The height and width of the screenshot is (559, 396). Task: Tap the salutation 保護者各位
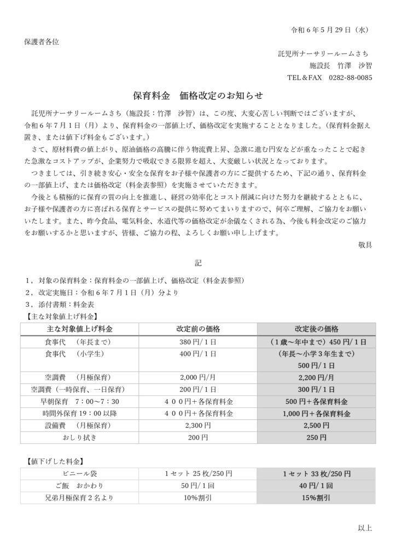(x=41, y=41)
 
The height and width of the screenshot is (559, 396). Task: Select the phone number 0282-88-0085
(x=351, y=78)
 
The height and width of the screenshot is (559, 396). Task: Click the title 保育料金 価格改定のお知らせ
(x=198, y=96)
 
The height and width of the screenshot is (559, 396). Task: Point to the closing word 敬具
(x=365, y=245)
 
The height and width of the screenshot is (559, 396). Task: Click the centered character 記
(x=198, y=263)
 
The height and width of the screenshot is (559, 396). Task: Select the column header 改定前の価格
(x=198, y=329)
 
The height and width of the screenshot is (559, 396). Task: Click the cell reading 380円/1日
(x=198, y=342)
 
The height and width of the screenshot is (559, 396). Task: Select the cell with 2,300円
(x=198, y=425)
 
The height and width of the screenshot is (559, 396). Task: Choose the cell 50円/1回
(x=198, y=485)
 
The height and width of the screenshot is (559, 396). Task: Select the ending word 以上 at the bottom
(x=365, y=527)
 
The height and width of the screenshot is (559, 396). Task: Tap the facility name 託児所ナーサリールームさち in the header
(x=323, y=53)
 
